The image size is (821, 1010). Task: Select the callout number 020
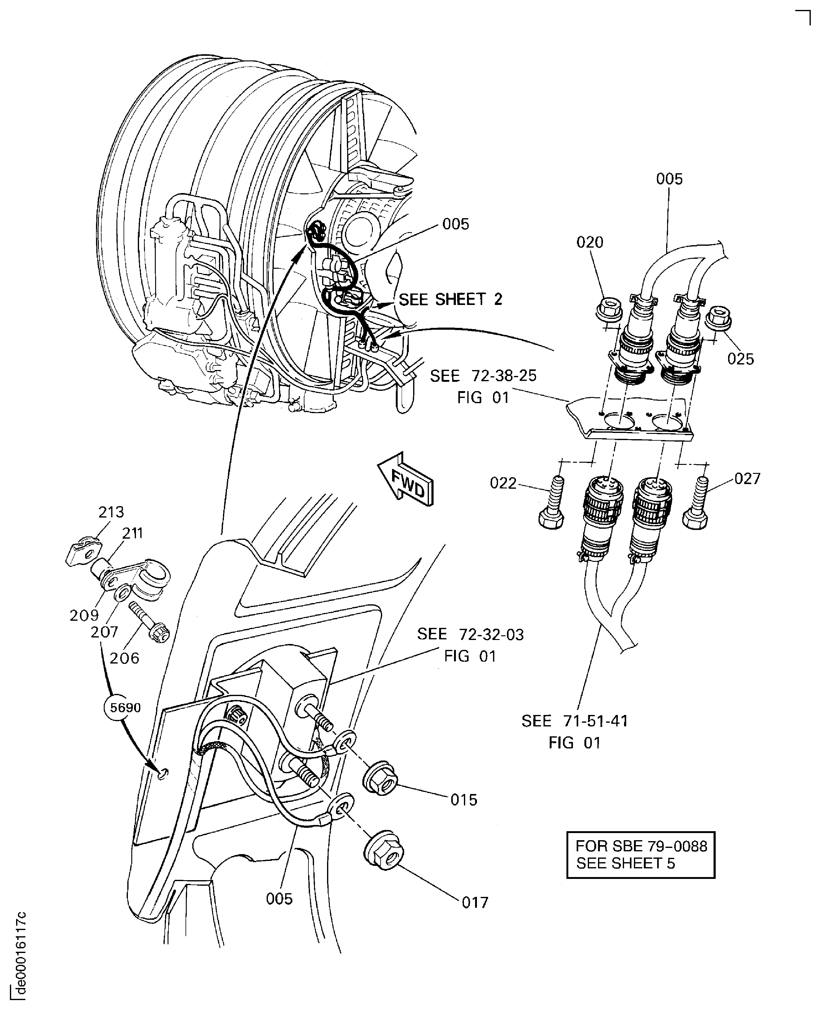click(x=590, y=242)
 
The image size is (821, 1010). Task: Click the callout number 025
click(x=740, y=359)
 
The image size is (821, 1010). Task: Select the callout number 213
click(x=111, y=512)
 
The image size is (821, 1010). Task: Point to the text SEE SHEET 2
click(x=450, y=300)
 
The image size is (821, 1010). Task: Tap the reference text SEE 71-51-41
click(x=574, y=721)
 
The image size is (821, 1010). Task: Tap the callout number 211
click(x=133, y=533)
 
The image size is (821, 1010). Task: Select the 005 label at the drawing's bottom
click(x=279, y=899)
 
